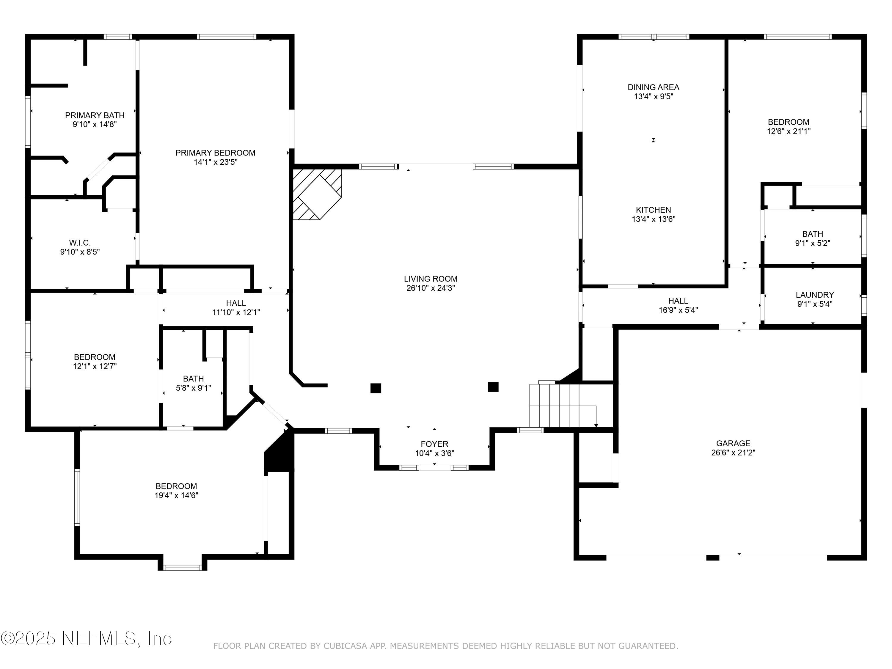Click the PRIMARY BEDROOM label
coord(215,153)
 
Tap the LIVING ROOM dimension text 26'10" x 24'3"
coord(431,288)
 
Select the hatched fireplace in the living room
coord(317,194)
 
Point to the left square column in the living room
coord(376,388)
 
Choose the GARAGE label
coord(733,443)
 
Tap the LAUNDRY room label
coord(815,295)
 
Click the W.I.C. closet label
coord(80,243)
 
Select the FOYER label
coord(434,444)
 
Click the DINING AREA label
coord(653,87)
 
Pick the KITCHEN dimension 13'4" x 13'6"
coord(653,219)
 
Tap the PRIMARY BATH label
coord(95,115)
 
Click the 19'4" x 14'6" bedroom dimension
coord(176,495)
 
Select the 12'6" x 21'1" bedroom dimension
coord(788,131)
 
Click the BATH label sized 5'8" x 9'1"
coord(193,379)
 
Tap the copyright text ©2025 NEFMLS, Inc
coord(86,638)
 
